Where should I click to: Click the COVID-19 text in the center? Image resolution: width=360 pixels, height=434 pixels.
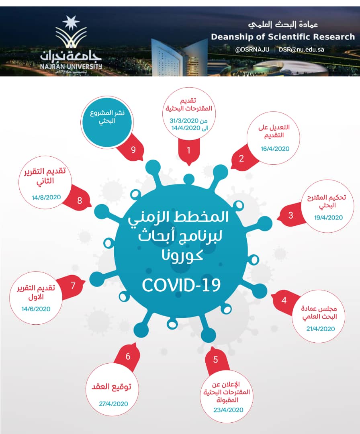tap(182, 285)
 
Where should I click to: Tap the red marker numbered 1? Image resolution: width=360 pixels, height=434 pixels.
tap(188, 151)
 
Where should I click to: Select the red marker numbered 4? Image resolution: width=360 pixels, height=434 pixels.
tap(284, 300)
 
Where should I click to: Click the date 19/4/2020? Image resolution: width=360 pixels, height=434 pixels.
tap(328, 217)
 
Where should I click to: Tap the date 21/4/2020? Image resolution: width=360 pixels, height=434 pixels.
tap(320, 329)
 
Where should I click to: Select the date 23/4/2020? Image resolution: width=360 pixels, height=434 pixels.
tap(229, 410)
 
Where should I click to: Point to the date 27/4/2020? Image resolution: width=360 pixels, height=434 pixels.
tap(113, 403)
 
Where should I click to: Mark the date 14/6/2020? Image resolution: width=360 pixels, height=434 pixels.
tap(36, 309)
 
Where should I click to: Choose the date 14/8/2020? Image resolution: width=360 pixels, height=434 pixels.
tap(46, 197)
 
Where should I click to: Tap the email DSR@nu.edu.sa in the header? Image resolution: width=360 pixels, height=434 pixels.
tap(301, 50)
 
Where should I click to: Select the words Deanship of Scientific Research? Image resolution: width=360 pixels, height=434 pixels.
tap(283, 37)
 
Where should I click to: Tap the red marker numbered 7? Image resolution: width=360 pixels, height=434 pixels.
tap(73, 286)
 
